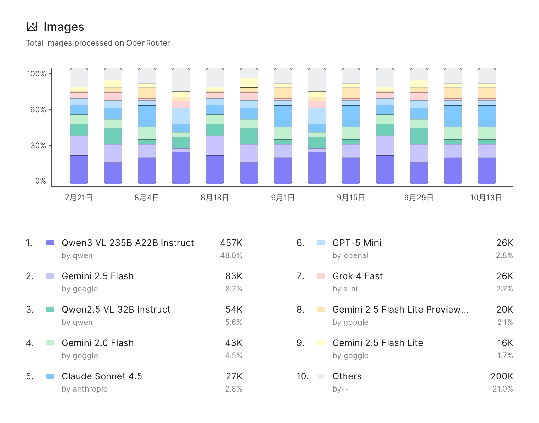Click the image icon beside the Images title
coord(32,27)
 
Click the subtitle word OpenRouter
coord(148,43)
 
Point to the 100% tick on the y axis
coord(36,74)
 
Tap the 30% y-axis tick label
coord(38,146)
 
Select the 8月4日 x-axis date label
coord(147,198)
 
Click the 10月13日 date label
coord(486,198)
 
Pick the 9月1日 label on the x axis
coord(283,198)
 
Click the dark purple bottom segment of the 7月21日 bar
coord(79,169)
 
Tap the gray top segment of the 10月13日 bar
coord(487,76)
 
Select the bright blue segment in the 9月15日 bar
coord(351,116)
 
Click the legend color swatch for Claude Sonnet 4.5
coord(50,376)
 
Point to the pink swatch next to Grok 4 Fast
coord(321,276)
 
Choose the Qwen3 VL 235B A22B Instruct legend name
coord(128,243)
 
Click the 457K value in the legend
coord(231,243)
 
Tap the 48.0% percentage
coord(231,255)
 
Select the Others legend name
coord(347,376)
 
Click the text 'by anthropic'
coord(84,389)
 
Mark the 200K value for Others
coord(502,376)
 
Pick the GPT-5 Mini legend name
coord(357,243)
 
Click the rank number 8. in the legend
coord(300,309)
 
